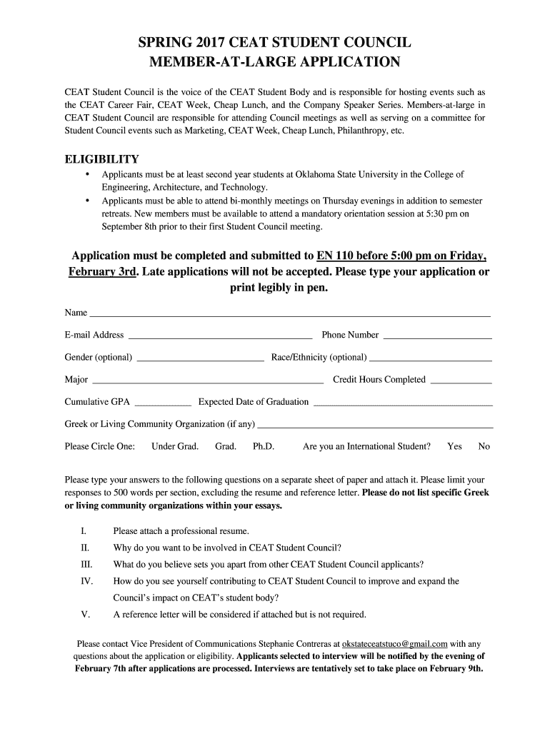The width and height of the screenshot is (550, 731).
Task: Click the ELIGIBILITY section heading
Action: pyautogui.click(x=102, y=159)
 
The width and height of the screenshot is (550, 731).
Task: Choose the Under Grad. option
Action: pyautogui.click(x=174, y=446)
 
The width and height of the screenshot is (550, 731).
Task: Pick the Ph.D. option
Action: pyautogui.click(x=264, y=446)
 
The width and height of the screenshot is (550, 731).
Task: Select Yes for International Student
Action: pyautogui.click(x=454, y=446)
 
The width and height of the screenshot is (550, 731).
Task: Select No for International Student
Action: pyautogui.click(x=484, y=446)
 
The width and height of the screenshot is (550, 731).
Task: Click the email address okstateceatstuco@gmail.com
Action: pyautogui.click(x=395, y=642)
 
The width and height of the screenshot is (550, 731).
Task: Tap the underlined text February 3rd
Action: pyautogui.click(x=102, y=272)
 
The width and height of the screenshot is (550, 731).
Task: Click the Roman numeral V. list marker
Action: pyautogui.click(x=86, y=614)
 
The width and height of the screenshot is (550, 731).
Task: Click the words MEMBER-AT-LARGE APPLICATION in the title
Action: pyautogui.click(x=274, y=62)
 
